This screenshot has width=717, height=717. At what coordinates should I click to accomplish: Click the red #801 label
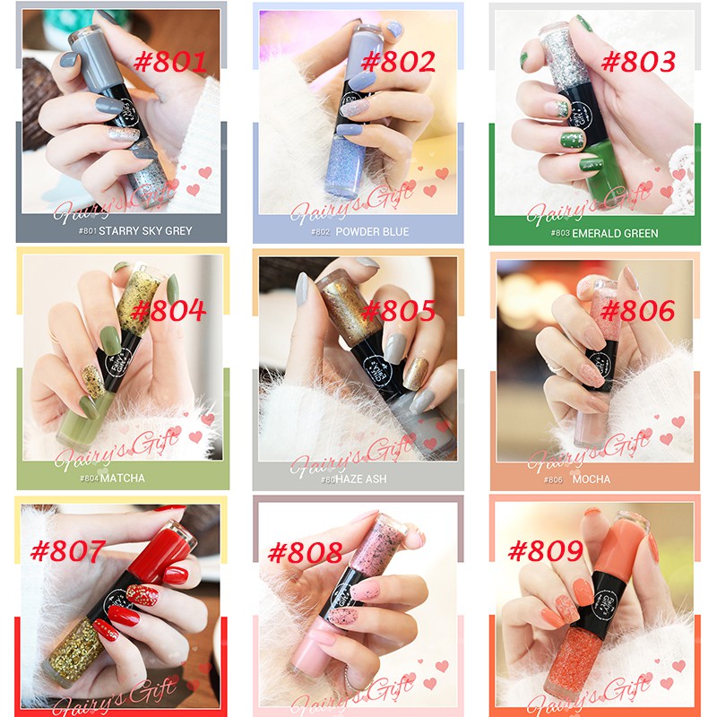point(170,62)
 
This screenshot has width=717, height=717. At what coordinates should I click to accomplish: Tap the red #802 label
point(398,62)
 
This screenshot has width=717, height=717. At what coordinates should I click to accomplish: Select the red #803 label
point(637,62)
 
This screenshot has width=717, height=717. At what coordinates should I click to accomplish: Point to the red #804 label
point(168,311)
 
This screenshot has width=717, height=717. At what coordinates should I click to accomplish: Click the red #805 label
point(398,311)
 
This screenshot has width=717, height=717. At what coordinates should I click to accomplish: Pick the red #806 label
point(637,311)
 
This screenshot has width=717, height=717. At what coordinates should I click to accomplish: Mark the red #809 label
point(546,550)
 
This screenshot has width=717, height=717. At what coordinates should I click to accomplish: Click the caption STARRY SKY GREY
point(145,230)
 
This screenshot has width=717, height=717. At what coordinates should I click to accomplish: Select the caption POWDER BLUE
point(372,232)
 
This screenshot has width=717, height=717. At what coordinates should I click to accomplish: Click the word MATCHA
point(123,478)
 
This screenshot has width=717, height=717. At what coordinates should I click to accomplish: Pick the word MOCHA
point(592,479)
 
